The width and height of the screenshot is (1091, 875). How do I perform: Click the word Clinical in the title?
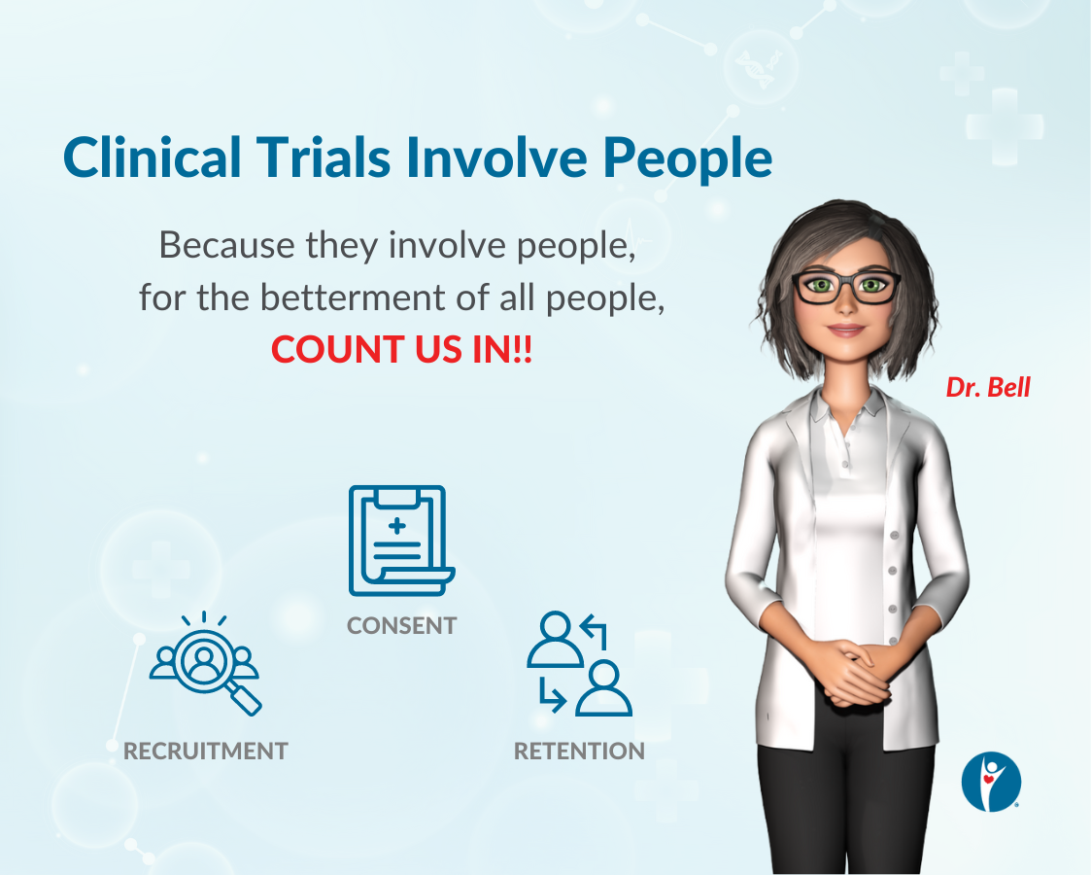[152, 157]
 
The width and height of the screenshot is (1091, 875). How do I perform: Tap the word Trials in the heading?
[324, 157]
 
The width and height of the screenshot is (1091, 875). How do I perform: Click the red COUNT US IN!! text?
[401, 349]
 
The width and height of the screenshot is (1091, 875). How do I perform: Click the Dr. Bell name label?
[988, 388]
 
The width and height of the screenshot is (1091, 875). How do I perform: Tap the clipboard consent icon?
[401, 541]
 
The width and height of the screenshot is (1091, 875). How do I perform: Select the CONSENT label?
[401, 626]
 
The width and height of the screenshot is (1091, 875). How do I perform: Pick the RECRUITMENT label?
[205, 752]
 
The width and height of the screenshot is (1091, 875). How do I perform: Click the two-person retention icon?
[580, 663]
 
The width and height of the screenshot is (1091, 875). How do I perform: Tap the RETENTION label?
[579, 752]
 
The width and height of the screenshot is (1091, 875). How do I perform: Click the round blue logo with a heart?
[991, 781]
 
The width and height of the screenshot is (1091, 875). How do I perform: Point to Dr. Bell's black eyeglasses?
[846, 287]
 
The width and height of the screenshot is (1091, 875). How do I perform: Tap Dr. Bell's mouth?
[845, 330]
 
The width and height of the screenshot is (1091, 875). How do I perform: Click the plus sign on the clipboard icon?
[397, 526]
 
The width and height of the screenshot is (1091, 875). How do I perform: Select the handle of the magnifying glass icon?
[244, 699]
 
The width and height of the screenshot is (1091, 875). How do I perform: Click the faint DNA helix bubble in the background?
[760, 67]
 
